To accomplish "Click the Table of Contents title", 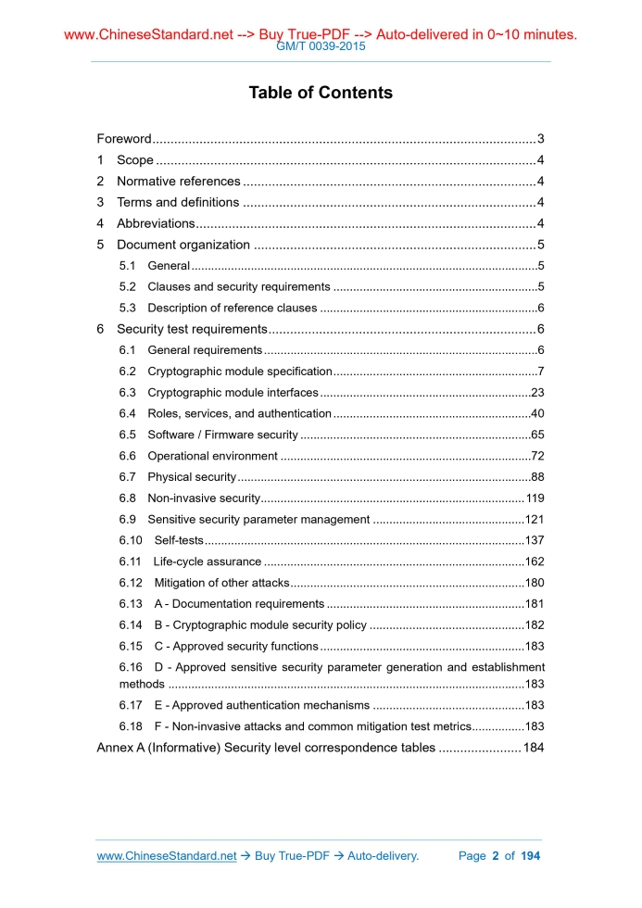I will click(x=321, y=93).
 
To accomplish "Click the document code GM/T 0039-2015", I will click(x=321, y=46).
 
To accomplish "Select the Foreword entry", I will click(x=124, y=139).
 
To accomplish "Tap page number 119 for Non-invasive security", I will click(x=535, y=498).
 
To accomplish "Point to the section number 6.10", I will click(x=131, y=540).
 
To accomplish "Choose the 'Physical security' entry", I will click(x=192, y=477).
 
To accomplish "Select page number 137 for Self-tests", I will click(x=535, y=540).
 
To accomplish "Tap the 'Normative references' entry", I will click(x=178, y=182).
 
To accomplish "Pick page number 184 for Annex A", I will click(x=534, y=748).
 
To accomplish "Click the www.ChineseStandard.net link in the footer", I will click(x=167, y=856).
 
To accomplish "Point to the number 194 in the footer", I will click(x=531, y=856).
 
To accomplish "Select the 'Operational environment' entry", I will click(x=212, y=456).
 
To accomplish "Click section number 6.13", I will click(x=131, y=604).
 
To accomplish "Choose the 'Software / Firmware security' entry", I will click(x=222, y=435).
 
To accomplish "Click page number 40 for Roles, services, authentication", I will click(x=537, y=413).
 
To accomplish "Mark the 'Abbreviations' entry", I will click(x=155, y=223).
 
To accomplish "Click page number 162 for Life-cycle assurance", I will click(x=535, y=561).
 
